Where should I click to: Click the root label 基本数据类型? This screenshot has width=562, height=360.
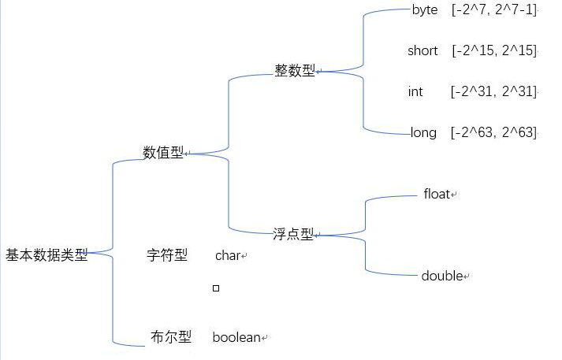click(x=47, y=255)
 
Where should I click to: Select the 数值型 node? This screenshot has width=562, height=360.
click(x=162, y=153)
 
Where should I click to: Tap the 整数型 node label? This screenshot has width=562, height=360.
click(x=294, y=71)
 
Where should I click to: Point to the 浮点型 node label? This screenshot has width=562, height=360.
click(x=292, y=234)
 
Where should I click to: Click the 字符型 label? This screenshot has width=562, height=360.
click(x=167, y=255)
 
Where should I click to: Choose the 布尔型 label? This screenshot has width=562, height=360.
click(x=170, y=337)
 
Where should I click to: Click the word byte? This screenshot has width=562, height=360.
click(x=425, y=10)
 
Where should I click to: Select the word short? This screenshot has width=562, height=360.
click(x=422, y=51)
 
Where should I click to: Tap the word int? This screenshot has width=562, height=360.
click(x=415, y=92)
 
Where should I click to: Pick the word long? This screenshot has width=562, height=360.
click(x=423, y=132)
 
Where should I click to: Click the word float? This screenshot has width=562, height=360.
click(x=437, y=194)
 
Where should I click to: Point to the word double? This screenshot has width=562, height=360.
click(x=441, y=276)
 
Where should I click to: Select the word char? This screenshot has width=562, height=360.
click(x=227, y=255)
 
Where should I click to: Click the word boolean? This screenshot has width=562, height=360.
click(x=236, y=337)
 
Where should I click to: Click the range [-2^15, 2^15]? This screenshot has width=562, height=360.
click(x=494, y=51)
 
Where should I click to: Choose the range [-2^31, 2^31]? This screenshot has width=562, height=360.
click(x=493, y=92)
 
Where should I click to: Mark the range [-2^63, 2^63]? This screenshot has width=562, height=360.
click(x=493, y=132)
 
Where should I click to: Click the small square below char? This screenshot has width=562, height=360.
click(x=216, y=288)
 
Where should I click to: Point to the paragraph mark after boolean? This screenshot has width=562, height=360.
click(x=265, y=339)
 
